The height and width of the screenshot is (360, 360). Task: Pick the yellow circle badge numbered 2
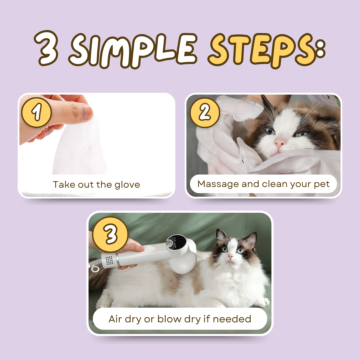(205, 113)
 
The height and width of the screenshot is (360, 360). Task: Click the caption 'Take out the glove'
(96, 184)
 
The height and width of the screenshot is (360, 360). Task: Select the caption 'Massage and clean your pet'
(263, 184)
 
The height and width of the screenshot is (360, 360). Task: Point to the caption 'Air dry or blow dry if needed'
(180, 319)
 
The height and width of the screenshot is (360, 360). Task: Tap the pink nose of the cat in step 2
(280, 143)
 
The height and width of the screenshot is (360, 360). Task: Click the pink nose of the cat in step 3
(231, 256)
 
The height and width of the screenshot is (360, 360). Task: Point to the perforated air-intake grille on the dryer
(109, 260)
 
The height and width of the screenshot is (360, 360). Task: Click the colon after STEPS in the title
(319, 50)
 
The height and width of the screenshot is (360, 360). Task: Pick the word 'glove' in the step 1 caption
(127, 184)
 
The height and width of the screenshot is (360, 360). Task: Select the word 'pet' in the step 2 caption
(322, 184)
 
